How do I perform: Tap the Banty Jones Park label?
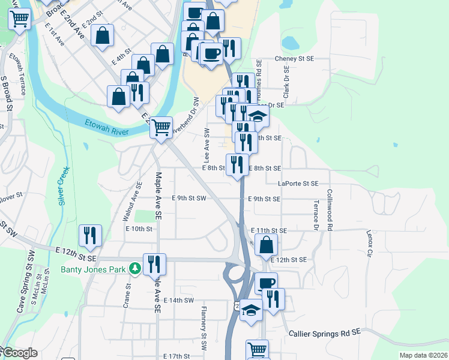93,269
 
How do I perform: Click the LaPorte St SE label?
298,184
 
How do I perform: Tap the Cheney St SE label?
294,59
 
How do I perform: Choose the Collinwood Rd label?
329,210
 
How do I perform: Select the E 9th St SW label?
188,198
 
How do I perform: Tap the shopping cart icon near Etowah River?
161,127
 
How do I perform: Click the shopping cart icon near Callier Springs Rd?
257,349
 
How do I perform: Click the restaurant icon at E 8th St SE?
237,164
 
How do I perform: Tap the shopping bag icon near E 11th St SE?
266,244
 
